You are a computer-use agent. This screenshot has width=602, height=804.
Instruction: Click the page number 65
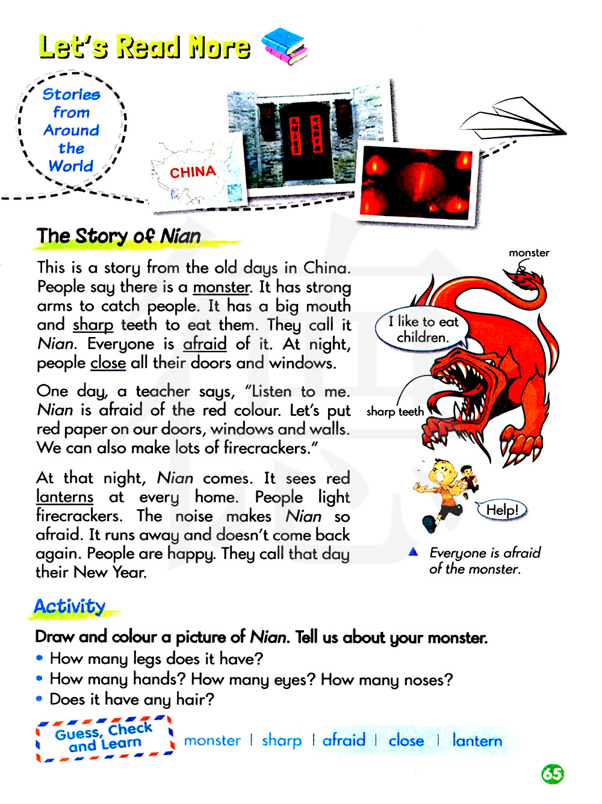click(552, 773)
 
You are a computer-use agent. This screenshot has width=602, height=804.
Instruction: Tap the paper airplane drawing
click(514, 123)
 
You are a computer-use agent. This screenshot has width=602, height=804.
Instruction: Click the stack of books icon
click(285, 46)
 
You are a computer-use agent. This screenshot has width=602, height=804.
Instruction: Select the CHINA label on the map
click(193, 173)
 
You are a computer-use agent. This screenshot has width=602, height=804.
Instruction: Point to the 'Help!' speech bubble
click(501, 510)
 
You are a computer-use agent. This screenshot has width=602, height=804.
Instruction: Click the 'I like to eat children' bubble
click(423, 329)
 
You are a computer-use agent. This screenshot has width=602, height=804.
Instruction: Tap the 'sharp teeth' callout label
click(395, 412)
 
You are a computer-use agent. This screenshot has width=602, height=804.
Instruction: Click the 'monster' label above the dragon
click(529, 253)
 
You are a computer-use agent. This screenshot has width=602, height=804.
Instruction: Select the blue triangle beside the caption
click(413, 552)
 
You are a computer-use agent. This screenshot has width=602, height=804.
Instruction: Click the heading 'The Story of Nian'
click(119, 236)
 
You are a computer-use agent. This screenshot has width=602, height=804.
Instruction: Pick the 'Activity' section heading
click(70, 606)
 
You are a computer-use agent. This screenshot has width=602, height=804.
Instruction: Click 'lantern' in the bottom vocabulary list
click(477, 741)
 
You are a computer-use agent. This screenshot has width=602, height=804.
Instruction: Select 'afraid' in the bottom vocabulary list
click(344, 740)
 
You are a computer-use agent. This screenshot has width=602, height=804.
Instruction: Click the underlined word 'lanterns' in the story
click(64, 497)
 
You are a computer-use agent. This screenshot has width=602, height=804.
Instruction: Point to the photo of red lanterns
click(415, 184)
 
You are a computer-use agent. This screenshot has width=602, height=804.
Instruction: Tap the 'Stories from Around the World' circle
click(71, 130)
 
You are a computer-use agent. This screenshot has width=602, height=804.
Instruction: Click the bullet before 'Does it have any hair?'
click(39, 699)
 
